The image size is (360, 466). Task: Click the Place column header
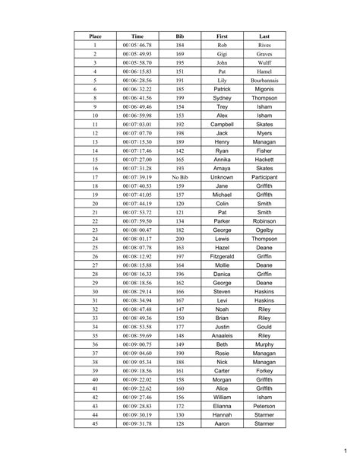pyautogui.click(x=96, y=36)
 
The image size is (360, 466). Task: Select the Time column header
pyautogui.click(x=137, y=36)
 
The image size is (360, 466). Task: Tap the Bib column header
pyautogui.click(x=180, y=36)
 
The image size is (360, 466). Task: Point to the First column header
pyautogui.click(x=222, y=36)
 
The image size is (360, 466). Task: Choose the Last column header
pyautogui.click(x=264, y=36)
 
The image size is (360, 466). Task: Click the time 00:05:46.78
pyautogui.click(x=137, y=46)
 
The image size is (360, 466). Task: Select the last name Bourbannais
pyautogui.click(x=264, y=80)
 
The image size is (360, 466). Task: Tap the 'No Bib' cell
pyautogui.click(x=180, y=176)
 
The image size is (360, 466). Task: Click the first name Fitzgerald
pyautogui.click(x=222, y=256)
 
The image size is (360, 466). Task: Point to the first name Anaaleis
pyautogui.click(x=222, y=334)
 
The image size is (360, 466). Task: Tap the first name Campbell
pyautogui.click(x=222, y=124)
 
